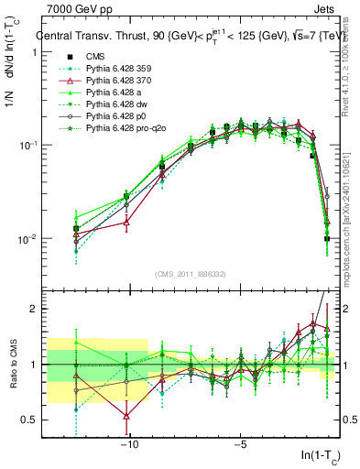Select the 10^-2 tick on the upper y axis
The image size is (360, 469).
pos(27,239)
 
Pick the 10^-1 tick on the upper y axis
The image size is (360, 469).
pos(27,146)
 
